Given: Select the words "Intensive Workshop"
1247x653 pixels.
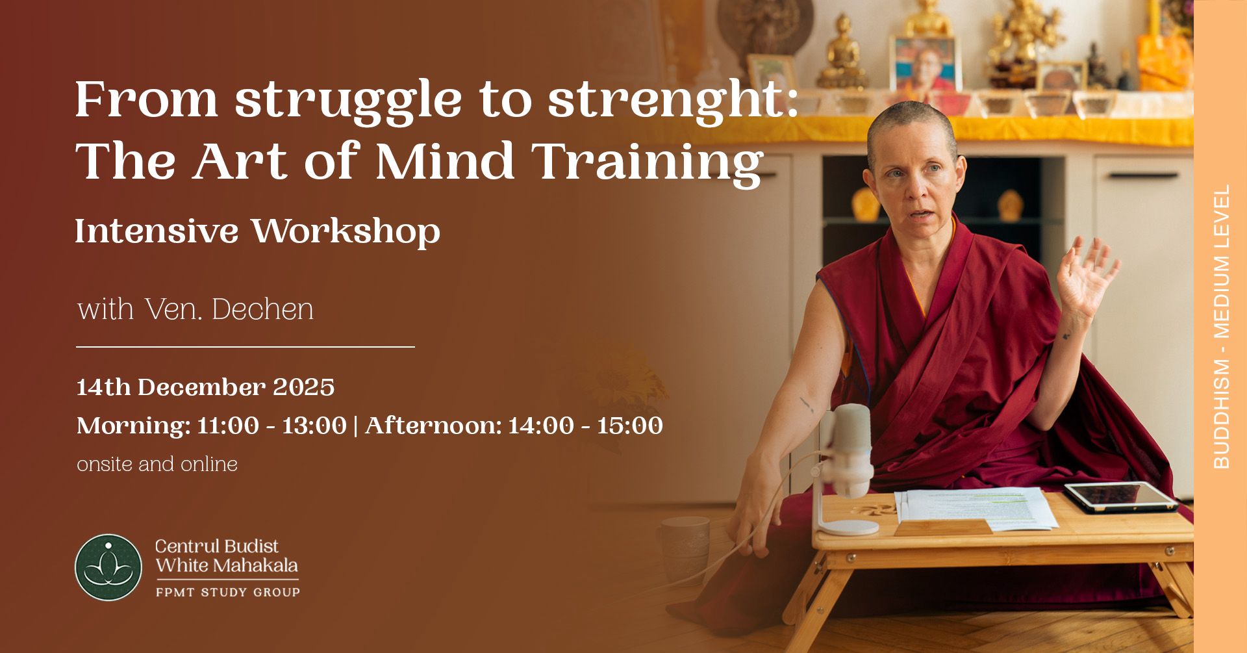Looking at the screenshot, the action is pyautogui.click(x=258, y=231).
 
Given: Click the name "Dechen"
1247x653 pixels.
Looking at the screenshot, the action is pyautogui.click(x=263, y=309).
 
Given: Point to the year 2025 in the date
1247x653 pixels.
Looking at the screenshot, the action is pyautogui.click(x=303, y=387).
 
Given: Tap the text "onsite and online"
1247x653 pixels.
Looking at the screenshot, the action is pyautogui.click(x=157, y=464).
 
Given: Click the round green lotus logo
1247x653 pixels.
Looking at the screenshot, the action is pyautogui.click(x=108, y=567).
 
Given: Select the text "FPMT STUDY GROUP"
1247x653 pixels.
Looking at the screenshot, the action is pyautogui.click(x=228, y=592).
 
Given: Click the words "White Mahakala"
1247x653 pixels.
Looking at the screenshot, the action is pyautogui.click(x=227, y=565).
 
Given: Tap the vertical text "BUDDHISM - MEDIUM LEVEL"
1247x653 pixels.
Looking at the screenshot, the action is pyautogui.click(x=1222, y=327).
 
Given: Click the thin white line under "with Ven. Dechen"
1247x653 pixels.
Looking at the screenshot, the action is pyautogui.click(x=246, y=347).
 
